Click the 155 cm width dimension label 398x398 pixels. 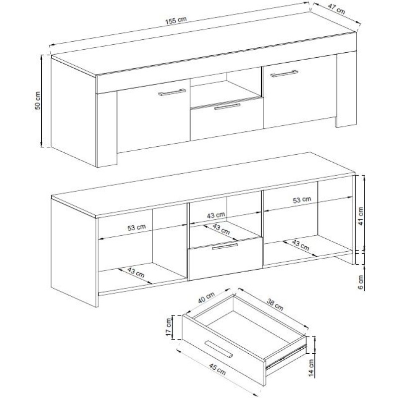coord(176,20)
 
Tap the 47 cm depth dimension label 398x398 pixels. coord(337,9)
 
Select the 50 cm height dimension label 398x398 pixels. coord(38,100)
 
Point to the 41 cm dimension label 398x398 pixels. coord(361,216)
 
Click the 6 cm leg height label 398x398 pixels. coord(361,282)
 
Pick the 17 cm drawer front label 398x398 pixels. coord(169,327)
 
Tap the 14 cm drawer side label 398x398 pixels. coord(311,368)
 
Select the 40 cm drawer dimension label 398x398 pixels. coord(206,297)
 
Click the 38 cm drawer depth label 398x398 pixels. coord(275,304)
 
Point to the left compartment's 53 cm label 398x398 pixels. coord(136,227)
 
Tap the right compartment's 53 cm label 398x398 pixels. coord(302,200)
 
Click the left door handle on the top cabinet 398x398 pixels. coord(172,92)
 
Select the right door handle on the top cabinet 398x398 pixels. coord(284,73)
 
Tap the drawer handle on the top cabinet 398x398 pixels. coord(227,106)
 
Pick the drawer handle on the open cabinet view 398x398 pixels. coord(225,246)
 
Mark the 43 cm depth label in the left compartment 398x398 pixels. coord(136,272)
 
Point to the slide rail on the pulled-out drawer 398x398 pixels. coord(285,357)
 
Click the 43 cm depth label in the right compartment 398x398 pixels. coord(300,245)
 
